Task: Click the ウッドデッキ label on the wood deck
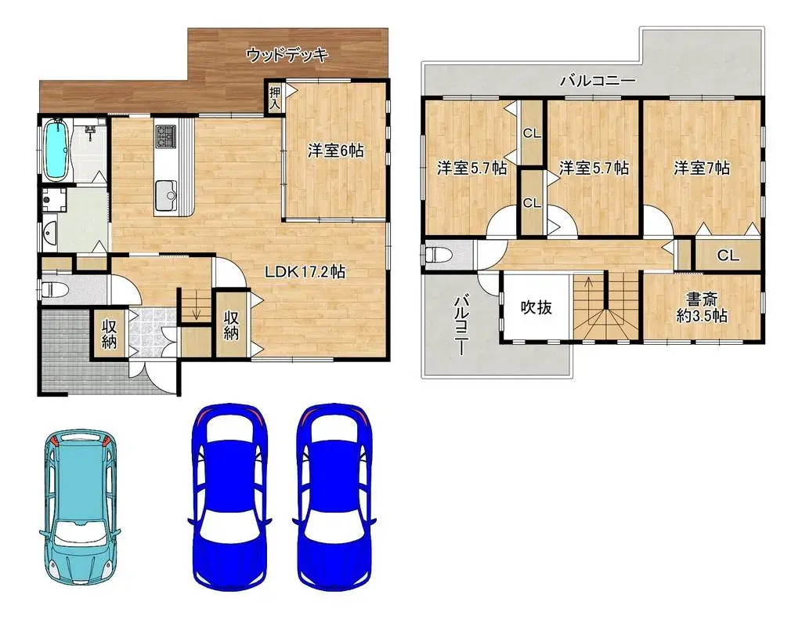pyautogui.click(x=286, y=55)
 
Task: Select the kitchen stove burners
pyautogui.click(x=167, y=137)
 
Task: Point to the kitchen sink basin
pyautogui.click(x=167, y=192)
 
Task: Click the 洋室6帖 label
pyautogui.click(x=335, y=151)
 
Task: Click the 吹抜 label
pyautogui.click(x=536, y=306)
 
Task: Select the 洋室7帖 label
pyautogui.click(x=702, y=168)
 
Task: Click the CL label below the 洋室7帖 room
pyautogui.click(x=728, y=256)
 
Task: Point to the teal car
pyautogui.click(x=80, y=506)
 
